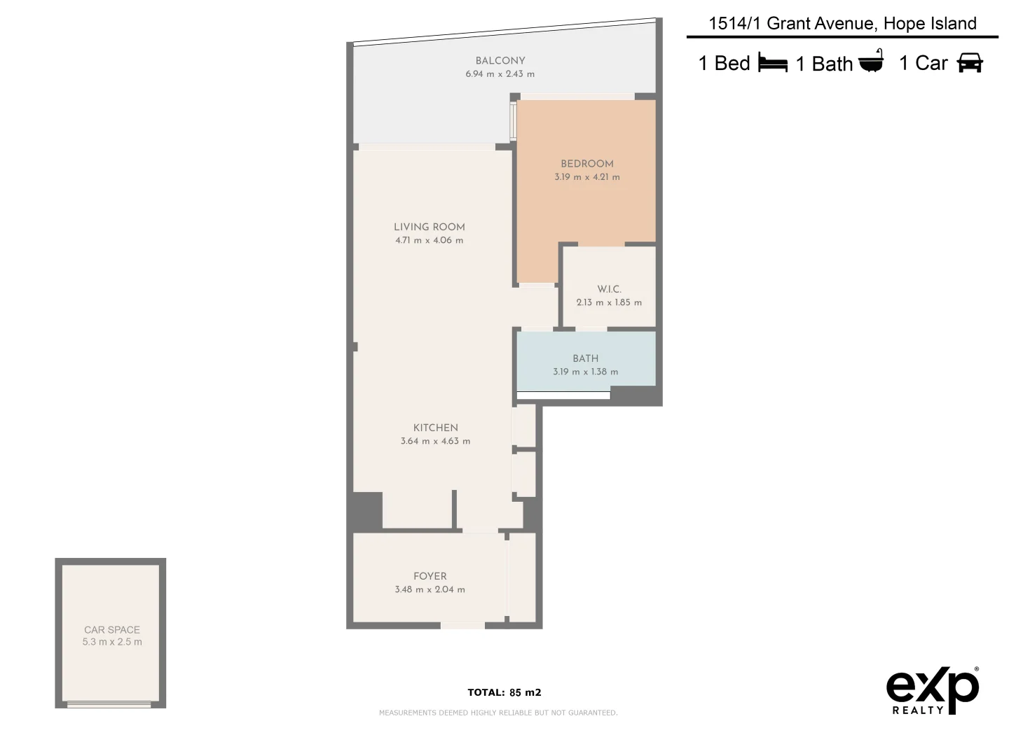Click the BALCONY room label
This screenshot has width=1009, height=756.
[x=500, y=61]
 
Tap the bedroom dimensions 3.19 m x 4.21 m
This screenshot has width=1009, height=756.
[x=586, y=177]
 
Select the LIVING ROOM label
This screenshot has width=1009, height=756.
[x=429, y=227]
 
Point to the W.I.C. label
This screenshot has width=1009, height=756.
[x=609, y=289]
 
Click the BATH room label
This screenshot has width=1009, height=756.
[x=585, y=358]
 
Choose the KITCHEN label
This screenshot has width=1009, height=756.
[x=435, y=428]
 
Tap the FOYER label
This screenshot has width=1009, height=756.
[x=430, y=576]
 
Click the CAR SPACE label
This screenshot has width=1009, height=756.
[x=112, y=630]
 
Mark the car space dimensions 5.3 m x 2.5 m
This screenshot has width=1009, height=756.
[x=112, y=642]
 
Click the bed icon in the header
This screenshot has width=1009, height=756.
[x=772, y=64]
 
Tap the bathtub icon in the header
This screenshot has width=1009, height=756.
[x=871, y=62]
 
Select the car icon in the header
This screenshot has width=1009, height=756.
[x=970, y=63]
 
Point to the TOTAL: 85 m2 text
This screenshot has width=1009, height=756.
[x=504, y=693]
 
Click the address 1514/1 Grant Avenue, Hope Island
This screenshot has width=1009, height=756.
[x=842, y=24]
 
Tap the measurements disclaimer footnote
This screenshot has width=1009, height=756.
[x=497, y=713]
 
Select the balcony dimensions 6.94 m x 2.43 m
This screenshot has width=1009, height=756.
[x=500, y=74]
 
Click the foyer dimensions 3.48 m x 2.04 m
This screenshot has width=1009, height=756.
[x=430, y=589]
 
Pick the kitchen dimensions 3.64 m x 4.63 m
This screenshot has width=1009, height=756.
[x=435, y=441]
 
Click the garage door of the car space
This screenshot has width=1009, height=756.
[x=109, y=703]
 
